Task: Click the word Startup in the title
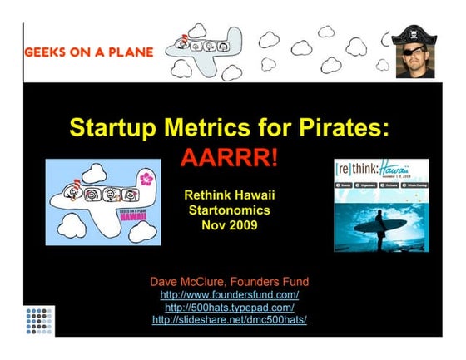(107, 129)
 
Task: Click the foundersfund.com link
(230, 295)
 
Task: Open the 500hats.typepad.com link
(230, 308)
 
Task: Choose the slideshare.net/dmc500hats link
(230, 320)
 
